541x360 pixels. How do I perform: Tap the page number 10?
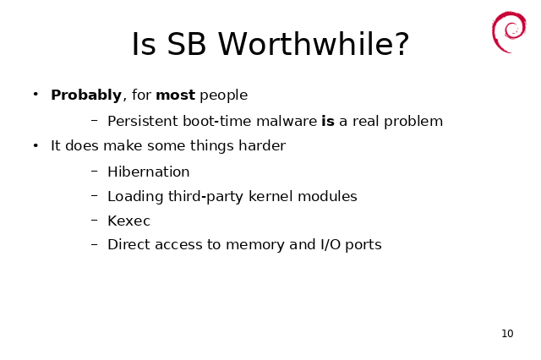click(x=507, y=334)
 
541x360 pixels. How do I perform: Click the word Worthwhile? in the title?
click(x=314, y=44)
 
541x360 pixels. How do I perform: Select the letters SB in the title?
click(x=186, y=44)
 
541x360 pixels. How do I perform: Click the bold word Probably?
click(x=86, y=95)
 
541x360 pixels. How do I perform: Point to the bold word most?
click(x=176, y=95)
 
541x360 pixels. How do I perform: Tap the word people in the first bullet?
click(x=223, y=95)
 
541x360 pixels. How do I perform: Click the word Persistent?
click(x=143, y=121)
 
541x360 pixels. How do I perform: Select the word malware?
click(x=287, y=121)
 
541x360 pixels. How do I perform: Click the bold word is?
click(x=328, y=121)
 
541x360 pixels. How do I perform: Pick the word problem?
click(x=413, y=122)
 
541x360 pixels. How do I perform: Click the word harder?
click(x=262, y=145)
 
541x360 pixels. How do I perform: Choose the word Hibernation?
click(x=149, y=172)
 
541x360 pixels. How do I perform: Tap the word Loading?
click(x=135, y=197)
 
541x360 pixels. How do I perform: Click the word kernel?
click(x=270, y=196)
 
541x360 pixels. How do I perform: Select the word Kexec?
click(x=129, y=221)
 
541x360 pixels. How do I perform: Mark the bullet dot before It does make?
click(x=36, y=145)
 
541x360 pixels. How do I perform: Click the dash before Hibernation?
click(x=95, y=171)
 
